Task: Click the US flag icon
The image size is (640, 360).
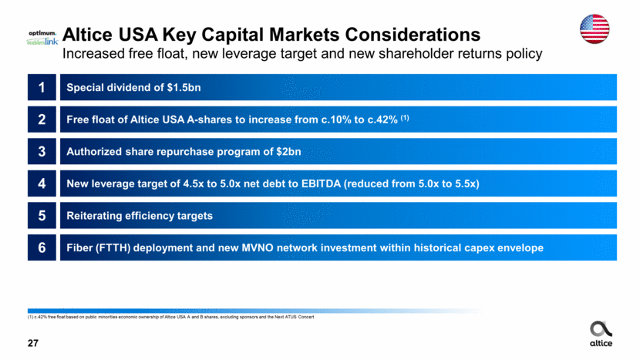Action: tap(595, 29)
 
